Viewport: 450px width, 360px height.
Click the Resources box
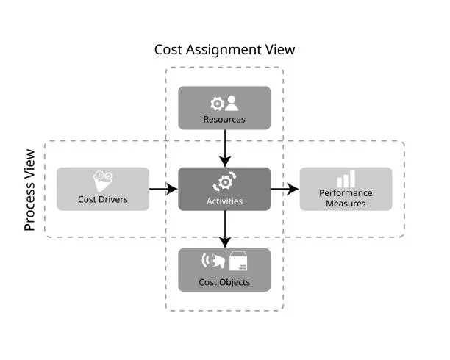[224, 108]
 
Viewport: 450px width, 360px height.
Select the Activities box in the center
[224, 189]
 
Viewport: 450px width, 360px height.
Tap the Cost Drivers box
[103, 189]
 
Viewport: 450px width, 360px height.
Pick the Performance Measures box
[345, 189]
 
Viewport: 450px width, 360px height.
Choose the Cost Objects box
[224, 270]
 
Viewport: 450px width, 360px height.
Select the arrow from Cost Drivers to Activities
[163, 189]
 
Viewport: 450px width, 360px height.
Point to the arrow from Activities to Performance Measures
[285, 189]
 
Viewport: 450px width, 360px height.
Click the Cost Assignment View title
[224, 50]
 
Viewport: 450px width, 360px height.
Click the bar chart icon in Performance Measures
[346, 179]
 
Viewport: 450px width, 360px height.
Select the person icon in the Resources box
[232, 104]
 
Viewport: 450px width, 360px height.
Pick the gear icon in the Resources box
[217, 104]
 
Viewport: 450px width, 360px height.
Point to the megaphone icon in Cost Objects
[215, 261]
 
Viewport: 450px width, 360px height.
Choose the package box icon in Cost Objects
[238, 261]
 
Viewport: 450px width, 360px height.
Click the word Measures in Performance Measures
[345, 203]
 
